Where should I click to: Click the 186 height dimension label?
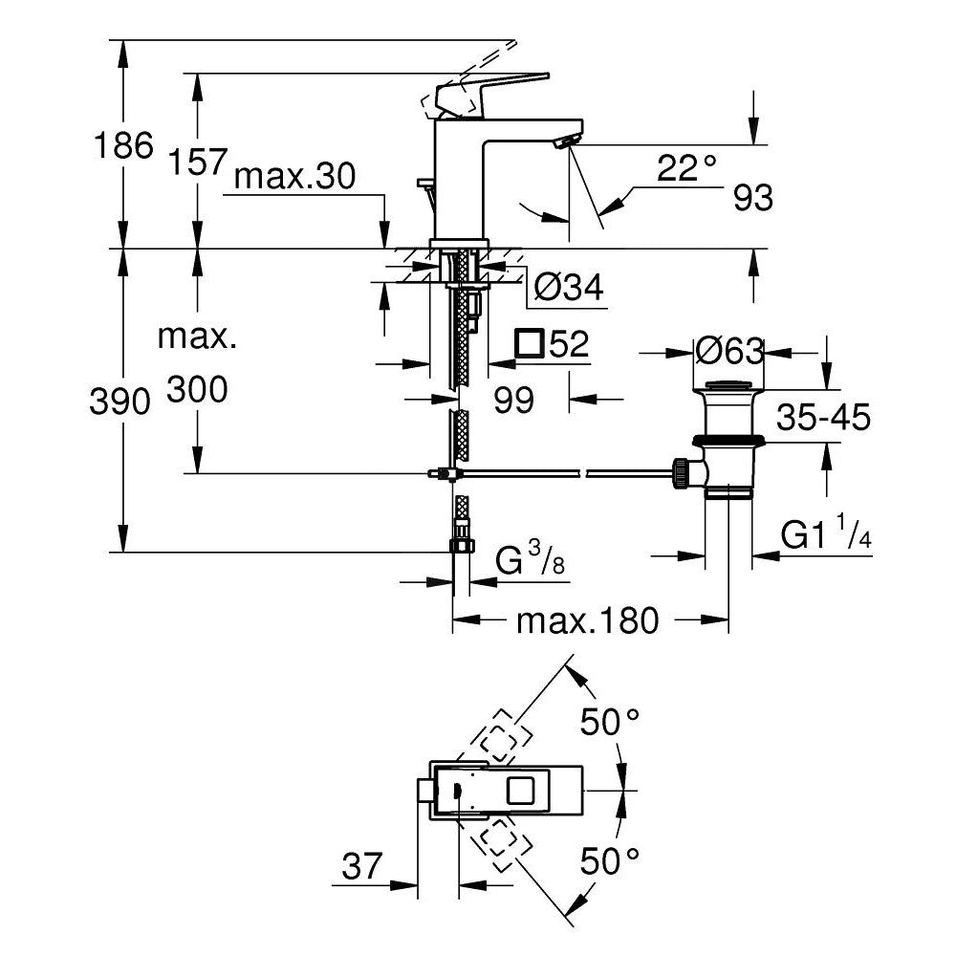(122, 146)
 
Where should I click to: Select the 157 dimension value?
(198, 163)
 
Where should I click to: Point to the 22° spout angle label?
(686, 169)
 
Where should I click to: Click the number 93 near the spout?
(752, 198)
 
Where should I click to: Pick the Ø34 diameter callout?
(569, 288)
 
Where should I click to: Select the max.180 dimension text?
(587, 621)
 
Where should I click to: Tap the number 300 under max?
(197, 390)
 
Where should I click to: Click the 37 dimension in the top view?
(362, 868)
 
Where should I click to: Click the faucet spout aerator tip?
(565, 142)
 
